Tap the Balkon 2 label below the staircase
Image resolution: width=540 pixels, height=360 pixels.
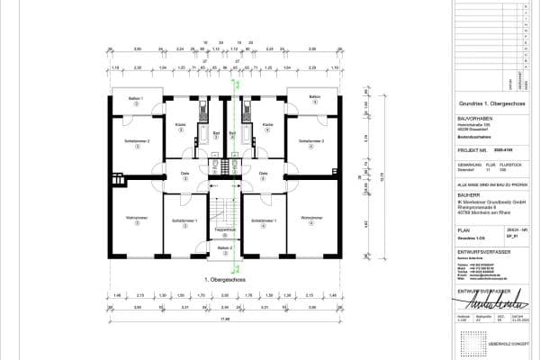click(x=224, y=247)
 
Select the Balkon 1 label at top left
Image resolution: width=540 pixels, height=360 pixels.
click(x=137, y=97)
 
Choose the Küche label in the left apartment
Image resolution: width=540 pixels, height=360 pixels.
click(x=181, y=124)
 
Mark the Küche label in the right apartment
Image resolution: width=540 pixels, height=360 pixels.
click(x=267, y=124)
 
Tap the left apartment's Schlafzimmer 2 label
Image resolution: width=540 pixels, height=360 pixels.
click(x=137, y=141)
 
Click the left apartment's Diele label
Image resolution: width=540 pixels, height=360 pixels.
click(x=185, y=173)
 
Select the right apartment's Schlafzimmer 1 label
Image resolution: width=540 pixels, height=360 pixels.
click(x=264, y=220)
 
